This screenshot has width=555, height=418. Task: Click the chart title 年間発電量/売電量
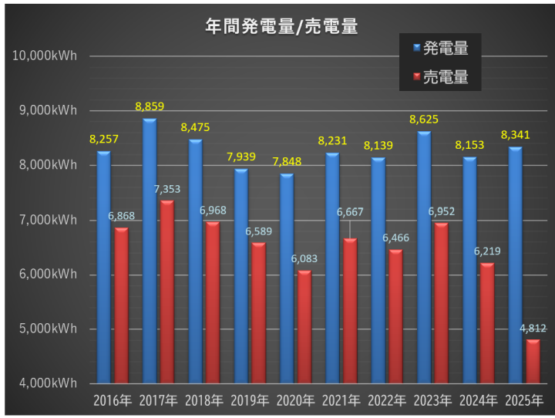click(x=281, y=26)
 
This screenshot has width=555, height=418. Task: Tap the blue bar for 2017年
click(x=149, y=251)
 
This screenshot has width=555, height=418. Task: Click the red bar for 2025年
click(x=533, y=361)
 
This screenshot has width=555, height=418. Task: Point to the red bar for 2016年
click(x=121, y=305)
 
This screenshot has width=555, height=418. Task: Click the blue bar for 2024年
click(x=469, y=270)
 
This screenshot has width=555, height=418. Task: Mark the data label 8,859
click(x=150, y=106)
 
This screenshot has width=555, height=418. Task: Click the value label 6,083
click(x=304, y=259)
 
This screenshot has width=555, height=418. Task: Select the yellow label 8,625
click(x=424, y=120)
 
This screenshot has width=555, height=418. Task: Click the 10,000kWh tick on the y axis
click(x=45, y=56)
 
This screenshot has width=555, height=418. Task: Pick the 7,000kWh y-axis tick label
click(x=48, y=220)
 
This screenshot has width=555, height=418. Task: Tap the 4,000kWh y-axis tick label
click(x=48, y=383)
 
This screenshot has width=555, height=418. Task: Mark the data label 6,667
click(x=351, y=211)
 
